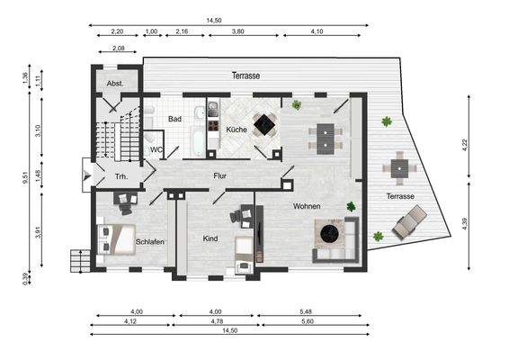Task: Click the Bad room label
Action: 174,119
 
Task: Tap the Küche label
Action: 237,130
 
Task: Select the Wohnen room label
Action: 307,206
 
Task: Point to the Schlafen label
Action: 149,242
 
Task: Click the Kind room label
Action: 210,238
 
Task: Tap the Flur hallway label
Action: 220,176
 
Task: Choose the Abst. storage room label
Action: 115,84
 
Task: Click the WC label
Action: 156,149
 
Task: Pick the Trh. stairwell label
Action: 121,176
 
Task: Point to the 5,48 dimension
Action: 306,311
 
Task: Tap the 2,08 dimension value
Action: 118,48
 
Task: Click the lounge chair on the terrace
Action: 410,222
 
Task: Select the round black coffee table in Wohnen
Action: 330,232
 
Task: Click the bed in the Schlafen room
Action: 116,239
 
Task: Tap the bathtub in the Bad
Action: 198,141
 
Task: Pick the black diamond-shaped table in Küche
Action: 264,123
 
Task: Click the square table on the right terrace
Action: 399,168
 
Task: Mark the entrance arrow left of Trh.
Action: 87,175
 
